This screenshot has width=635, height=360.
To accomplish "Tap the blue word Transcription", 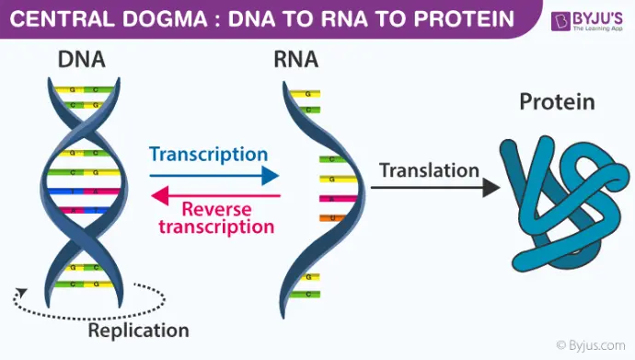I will click(x=209, y=154).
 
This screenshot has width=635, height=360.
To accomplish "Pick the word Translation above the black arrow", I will click(x=430, y=170).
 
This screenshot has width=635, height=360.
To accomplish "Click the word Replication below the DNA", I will click(x=138, y=330).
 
